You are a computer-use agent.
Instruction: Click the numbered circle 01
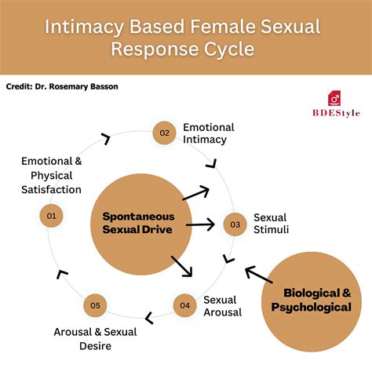point(51,215)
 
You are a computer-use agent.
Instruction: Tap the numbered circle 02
point(165,133)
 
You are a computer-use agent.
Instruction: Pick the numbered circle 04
point(184,305)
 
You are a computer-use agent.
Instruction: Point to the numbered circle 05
point(95,305)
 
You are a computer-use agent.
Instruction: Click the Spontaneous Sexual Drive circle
point(138,223)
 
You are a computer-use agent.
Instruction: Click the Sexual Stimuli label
point(272,224)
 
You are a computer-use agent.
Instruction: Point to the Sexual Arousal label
point(223,305)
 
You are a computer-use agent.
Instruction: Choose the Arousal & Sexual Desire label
point(95,338)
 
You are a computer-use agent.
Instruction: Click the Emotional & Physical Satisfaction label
point(51,175)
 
